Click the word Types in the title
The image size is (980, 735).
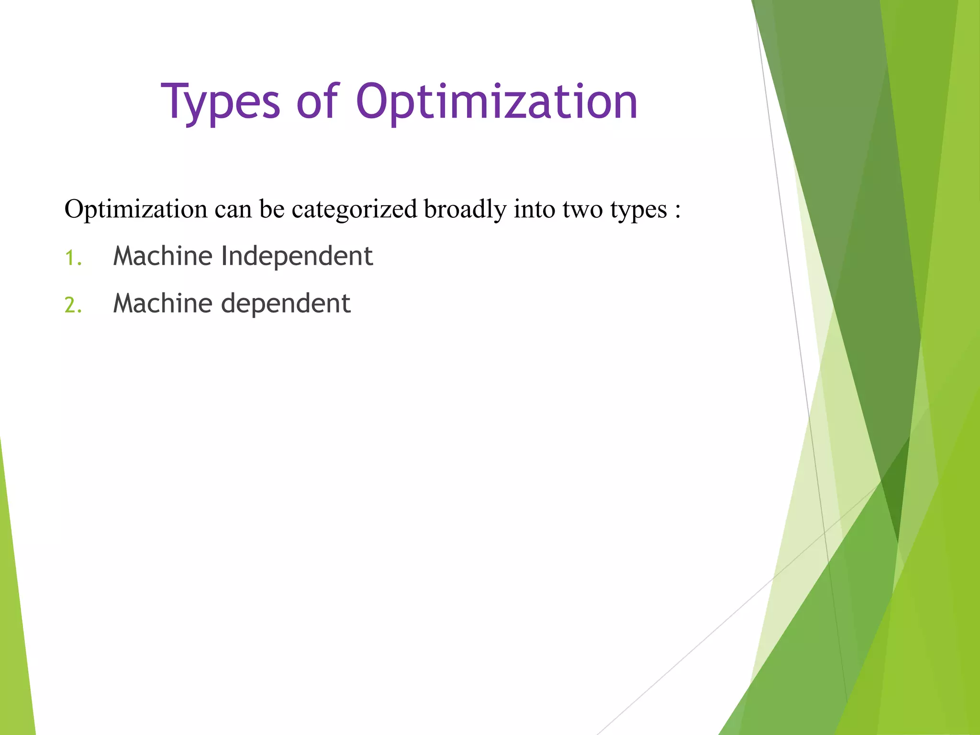tap(220, 102)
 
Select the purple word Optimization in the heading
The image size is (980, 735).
tap(496, 102)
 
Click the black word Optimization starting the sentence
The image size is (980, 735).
tap(136, 210)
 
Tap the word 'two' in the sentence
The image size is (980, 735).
tap(582, 210)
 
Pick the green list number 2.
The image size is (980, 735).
tap(73, 305)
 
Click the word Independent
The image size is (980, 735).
tap(297, 256)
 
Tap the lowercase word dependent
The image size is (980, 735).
tap(286, 303)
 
